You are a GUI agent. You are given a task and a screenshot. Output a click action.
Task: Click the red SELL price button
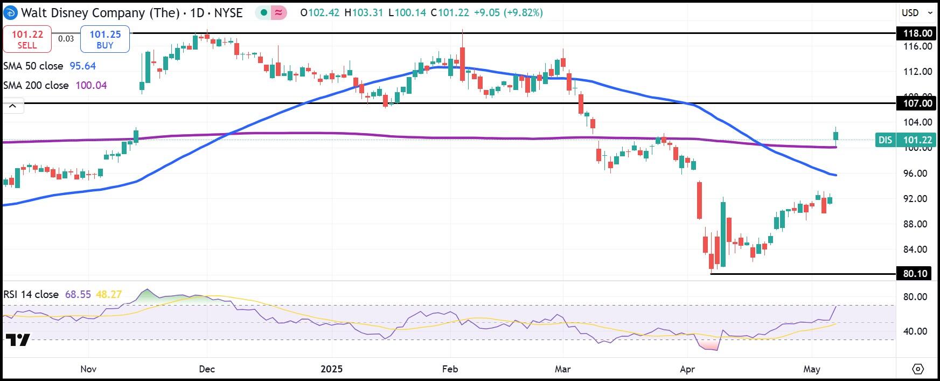[x=27, y=39]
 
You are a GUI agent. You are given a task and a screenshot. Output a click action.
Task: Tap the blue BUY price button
[x=105, y=39]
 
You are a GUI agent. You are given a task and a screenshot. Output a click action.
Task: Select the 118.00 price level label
[x=917, y=33]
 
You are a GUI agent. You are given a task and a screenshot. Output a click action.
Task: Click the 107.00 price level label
[x=917, y=103]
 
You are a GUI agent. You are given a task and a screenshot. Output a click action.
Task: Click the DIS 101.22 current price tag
[x=906, y=140]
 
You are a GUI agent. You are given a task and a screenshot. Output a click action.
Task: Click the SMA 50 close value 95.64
[x=82, y=66]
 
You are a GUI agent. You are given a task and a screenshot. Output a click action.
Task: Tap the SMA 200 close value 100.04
[x=90, y=85]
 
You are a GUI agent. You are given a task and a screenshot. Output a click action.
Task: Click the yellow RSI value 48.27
[x=109, y=295]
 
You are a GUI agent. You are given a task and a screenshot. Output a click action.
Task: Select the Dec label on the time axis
[x=207, y=369]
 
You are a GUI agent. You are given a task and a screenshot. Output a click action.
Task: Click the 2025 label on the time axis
[x=331, y=369]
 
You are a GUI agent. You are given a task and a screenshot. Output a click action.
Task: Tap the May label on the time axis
[x=811, y=369]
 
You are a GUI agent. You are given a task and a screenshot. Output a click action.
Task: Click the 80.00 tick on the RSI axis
[x=915, y=297]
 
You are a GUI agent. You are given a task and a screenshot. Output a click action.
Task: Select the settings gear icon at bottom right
[x=918, y=369]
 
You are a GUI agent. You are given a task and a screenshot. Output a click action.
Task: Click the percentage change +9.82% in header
[x=523, y=12]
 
